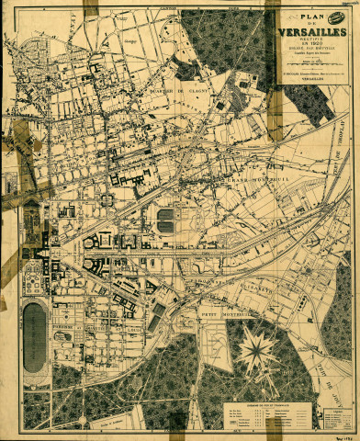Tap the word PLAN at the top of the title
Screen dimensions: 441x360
click(309, 15)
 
